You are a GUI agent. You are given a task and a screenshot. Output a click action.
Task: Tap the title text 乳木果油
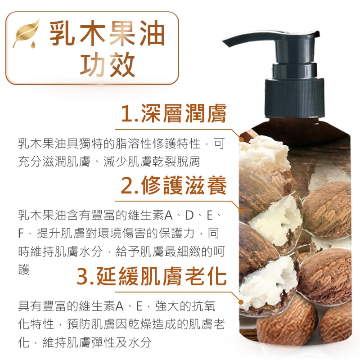pyautogui.click(x=107, y=33)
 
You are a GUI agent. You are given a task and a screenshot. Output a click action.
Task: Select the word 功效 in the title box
pyautogui.click(x=107, y=64)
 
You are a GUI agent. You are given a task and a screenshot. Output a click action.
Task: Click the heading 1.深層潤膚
pyautogui.click(x=174, y=113)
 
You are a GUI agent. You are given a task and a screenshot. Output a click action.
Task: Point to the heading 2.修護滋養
pyautogui.click(x=174, y=185)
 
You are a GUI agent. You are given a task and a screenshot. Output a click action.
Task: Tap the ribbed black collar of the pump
pyautogui.click(x=295, y=98)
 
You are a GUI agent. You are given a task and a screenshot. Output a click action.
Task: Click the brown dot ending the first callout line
pyautogui.click(x=241, y=139)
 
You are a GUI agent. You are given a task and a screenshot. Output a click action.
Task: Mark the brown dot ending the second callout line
pyautogui.click(x=241, y=211)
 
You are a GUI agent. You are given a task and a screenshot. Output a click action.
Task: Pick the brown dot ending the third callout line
pyautogui.click(x=241, y=302)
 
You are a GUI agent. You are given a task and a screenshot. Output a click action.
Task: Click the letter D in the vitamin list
pyautogui.click(x=189, y=216)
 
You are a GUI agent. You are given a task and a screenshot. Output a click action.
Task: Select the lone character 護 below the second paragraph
pyautogui.click(x=24, y=270)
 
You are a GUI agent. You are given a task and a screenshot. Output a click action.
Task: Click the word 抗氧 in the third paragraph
pyautogui.click(x=204, y=306)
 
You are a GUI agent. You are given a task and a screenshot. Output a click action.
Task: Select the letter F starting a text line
pyautogui.click(x=21, y=234)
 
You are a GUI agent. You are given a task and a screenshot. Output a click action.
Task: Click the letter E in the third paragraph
pyautogui.click(x=139, y=306)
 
